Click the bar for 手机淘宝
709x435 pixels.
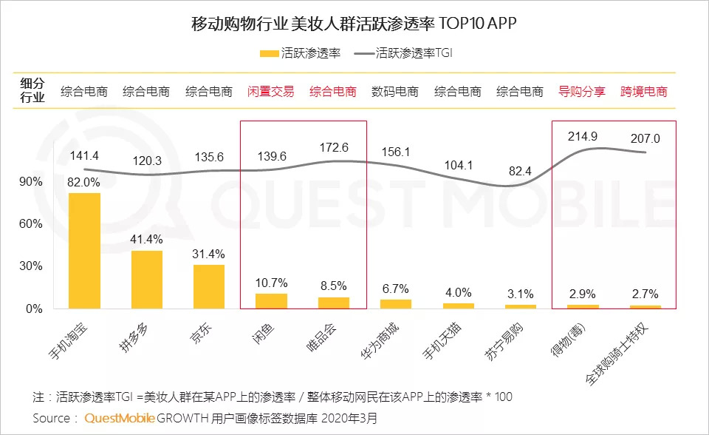(x=84, y=250)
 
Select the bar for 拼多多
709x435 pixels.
(x=147, y=279)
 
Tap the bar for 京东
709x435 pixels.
(x=209, y=286)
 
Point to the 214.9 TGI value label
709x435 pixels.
(x=583, y=136)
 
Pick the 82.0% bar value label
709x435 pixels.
(x=84, y=182)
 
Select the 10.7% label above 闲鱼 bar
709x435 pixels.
(x=271, y=283)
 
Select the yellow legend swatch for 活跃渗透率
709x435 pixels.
(x=268, y=53)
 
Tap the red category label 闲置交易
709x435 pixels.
(x=270, y=92)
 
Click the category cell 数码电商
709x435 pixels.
(x=395, y=92)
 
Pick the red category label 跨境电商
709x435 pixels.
(x=644, y=92)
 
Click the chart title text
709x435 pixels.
(x=354, y=23)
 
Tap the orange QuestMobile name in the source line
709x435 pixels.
(x=120, y=418)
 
